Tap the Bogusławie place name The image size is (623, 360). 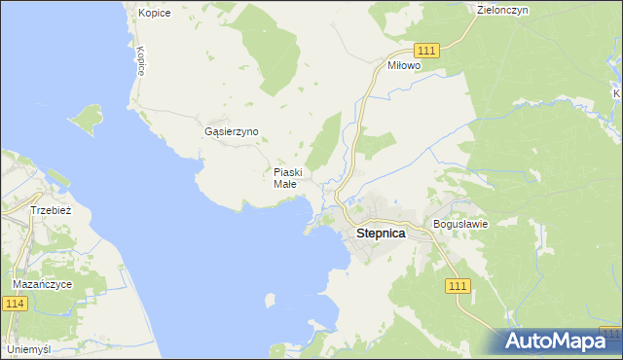coord(459,223)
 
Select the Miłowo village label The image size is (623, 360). coord(403,65)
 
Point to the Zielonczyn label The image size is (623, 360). coord(503,10)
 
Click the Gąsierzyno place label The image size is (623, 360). coord(232,131)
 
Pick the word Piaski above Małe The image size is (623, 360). coord(288,172)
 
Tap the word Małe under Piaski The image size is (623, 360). coord(284,184)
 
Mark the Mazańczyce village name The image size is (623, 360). coord(42,284)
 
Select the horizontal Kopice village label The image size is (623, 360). coord(154,13)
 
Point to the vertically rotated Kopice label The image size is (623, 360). coord(141,60)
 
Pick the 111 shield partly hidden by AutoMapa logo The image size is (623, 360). coord(610,333)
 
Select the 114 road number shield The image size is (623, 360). coord(16,305)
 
